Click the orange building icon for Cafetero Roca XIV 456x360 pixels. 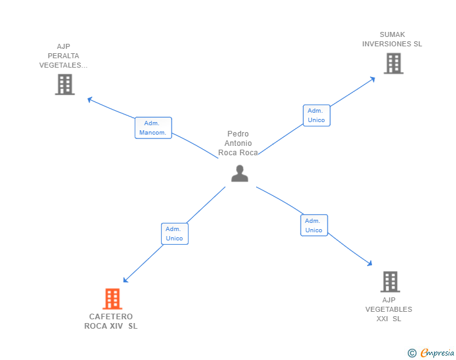pyautogui.click(x=112, y=299)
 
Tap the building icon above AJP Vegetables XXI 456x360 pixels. pyautogui.click(x=390, y=282)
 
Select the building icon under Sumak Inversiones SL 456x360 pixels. pyautogui.click(x=393, y=63)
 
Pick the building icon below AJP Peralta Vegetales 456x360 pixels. pyautogui.click(x=65, y=85)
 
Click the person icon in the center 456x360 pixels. pyautogui.click(x=239, y=173)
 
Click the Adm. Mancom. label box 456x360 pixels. pyautogui.click(x=153, y=128)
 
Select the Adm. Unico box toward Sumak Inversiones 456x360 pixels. pyautogui.click(x=316, y=115)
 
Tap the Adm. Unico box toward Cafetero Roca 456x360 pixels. pyautogui.click(x=174, y=234)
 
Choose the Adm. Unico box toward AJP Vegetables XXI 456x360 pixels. pyautogui.click(x=314, y=225)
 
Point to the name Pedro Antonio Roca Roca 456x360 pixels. pyautogui.click(x=238, y=143)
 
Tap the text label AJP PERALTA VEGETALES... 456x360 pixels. pyautogui.click(x=63, y=56)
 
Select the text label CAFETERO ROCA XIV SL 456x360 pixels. pyautogui.click(x=111, y=321)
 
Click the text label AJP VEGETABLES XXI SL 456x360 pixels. pyautogui.click(x=389, y=309)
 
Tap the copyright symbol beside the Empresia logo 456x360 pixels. pyautogui.click(x=412, y=353)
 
